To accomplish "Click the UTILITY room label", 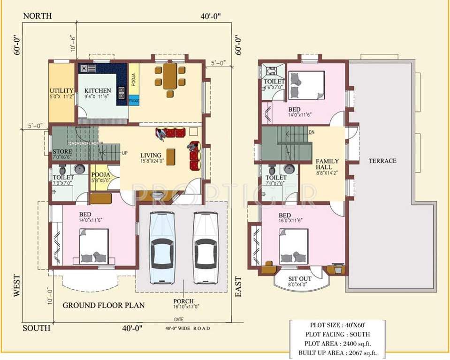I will [61, 91].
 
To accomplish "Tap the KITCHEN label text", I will [98, 91].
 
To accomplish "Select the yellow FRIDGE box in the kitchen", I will [133, 101].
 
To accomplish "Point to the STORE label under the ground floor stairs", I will [62, 152].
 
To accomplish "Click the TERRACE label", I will [382, 161].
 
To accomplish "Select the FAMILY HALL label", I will [324, 164].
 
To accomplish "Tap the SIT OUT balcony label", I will [297, 278].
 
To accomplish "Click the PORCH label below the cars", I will [183, 301].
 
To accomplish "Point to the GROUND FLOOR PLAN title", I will [104, 305].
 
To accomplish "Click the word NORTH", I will [37, 16].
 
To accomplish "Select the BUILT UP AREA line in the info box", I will [337, 353].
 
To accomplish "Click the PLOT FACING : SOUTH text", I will [337, 334].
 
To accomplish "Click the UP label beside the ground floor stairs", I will [125, 153].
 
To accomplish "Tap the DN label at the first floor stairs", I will [311, 132].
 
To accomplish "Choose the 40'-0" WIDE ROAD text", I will [188, 328].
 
